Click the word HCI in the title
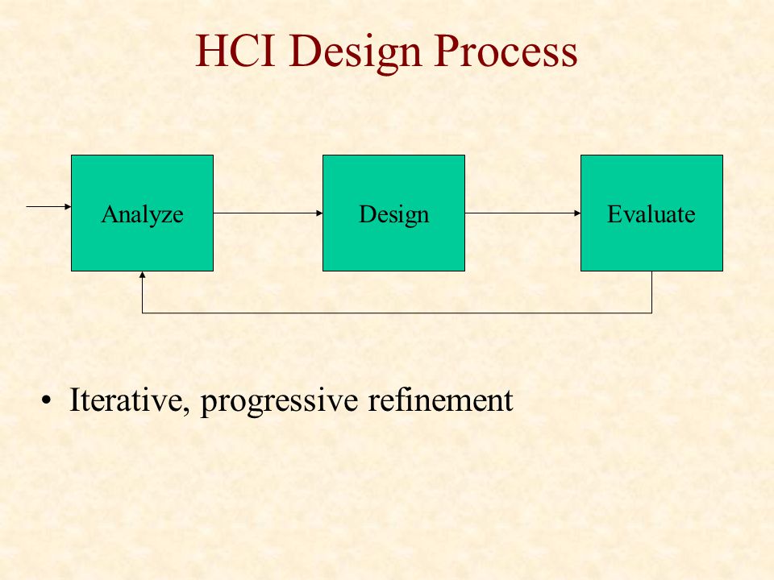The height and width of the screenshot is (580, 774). pos(235,50)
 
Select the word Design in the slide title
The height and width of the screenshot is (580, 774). pos(356,53)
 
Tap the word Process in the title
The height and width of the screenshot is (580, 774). pos(506,50)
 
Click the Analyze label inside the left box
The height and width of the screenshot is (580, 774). pos(142,215)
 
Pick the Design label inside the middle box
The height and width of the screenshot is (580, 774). pos(394,215)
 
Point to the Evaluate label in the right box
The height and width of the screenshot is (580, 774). pos(651,214)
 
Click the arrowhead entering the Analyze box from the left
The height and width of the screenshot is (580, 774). pos(68,207)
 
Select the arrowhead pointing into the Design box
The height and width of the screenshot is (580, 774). pos(319,213)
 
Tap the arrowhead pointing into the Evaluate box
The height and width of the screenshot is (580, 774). pos(577,213)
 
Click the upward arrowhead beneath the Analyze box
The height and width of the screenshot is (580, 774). pos(142,275)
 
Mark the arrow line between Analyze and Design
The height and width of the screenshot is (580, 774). pos(268,213)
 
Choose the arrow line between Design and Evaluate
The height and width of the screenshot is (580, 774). pos(522,213)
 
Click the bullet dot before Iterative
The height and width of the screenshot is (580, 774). pos(47,400)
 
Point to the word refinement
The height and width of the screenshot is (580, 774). pos(440,400)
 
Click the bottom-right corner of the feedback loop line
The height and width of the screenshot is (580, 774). pos(651,313)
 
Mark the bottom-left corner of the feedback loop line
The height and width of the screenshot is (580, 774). pos(142,313)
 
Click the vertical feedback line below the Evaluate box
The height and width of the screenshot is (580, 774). pos(651,292)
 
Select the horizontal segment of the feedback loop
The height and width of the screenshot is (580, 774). pos(397,313)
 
